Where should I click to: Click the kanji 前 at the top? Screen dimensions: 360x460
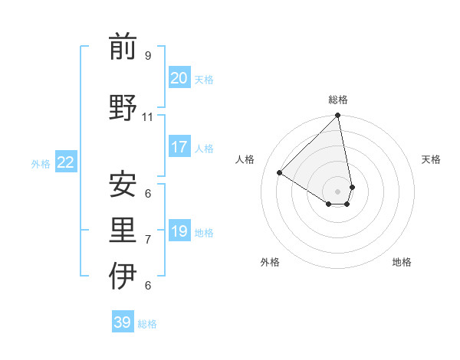click(x=123, y=47)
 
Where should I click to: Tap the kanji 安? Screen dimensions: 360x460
click(x=123, y=184)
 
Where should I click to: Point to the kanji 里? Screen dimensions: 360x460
click(x=123, y=231)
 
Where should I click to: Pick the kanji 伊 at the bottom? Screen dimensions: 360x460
click(x=123, y=277)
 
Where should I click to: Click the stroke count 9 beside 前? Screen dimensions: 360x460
click(x=147, y=55)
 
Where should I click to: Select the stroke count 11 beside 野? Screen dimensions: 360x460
click(x=148, y=116)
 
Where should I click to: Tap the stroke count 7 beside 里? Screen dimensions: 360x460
click(x=147, y=240)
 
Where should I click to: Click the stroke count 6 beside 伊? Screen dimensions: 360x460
click(x=147, y=286)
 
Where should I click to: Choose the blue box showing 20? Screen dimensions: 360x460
click(x=179, y=78)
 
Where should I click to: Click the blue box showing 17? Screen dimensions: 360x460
click(x=179, y=147)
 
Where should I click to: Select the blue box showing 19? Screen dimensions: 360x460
click(x=179, y=231)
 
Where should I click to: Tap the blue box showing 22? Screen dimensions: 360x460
click(x=66, y=162)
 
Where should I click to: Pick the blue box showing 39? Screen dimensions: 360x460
click(x=122, y=322)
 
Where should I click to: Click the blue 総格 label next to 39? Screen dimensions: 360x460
click(x=147, y=324)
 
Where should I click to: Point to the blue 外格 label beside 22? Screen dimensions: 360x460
click(x=41, y=163)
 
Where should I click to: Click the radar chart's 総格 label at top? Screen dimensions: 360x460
click(x=337, y=100)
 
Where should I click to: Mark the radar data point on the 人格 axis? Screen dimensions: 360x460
click(x=280, y=173)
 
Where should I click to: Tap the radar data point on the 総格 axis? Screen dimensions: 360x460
click(x=337, y=116)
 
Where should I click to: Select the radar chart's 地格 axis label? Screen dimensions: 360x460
click(x=402, y=262)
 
